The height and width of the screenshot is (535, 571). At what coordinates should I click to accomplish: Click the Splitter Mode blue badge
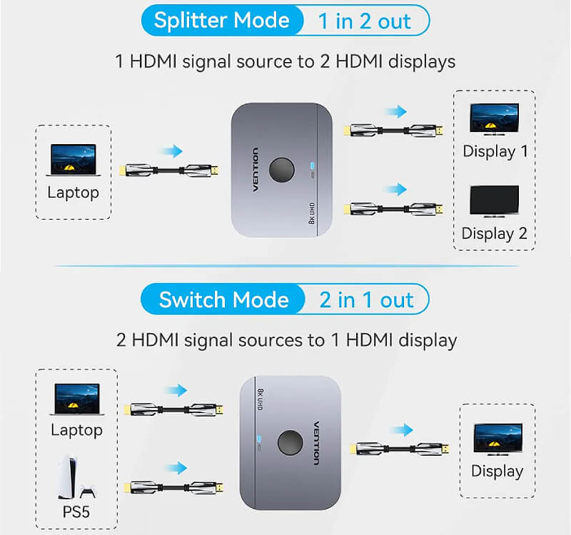tap(222, 20)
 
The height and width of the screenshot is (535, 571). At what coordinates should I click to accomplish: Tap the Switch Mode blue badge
tap(223, 300)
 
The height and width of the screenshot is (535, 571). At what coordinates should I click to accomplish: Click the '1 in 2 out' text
tap(364, 21)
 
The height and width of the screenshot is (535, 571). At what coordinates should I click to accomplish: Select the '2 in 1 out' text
tap(366, 300)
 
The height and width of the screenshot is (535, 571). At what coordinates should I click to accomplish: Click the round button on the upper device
tap(281, 170)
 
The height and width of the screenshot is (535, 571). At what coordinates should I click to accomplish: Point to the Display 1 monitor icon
tap(494, 119)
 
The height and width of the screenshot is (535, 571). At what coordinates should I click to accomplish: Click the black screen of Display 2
tap(494, 200)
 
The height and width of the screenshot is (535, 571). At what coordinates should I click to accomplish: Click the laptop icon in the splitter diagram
tap(74, 160)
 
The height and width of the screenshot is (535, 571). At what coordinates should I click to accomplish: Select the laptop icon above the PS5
tap(77, 399)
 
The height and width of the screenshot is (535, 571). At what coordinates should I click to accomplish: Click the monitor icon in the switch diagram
tap(497, 439)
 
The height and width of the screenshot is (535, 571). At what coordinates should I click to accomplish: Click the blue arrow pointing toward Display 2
tap(397, 189)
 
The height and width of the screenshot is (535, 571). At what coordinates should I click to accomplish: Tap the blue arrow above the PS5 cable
tap(176, 468)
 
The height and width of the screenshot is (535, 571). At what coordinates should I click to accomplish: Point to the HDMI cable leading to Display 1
tap(393, 131)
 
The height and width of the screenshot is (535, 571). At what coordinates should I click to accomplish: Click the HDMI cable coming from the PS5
tap(173, 487)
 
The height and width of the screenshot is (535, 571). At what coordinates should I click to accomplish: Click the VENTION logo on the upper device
tap(256, 170)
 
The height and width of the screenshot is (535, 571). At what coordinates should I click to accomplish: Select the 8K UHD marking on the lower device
tap(260, 399)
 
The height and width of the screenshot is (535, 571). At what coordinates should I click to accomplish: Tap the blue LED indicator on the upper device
tap(312, 165)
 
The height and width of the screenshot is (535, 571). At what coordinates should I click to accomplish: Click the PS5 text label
tap(76, 511)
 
